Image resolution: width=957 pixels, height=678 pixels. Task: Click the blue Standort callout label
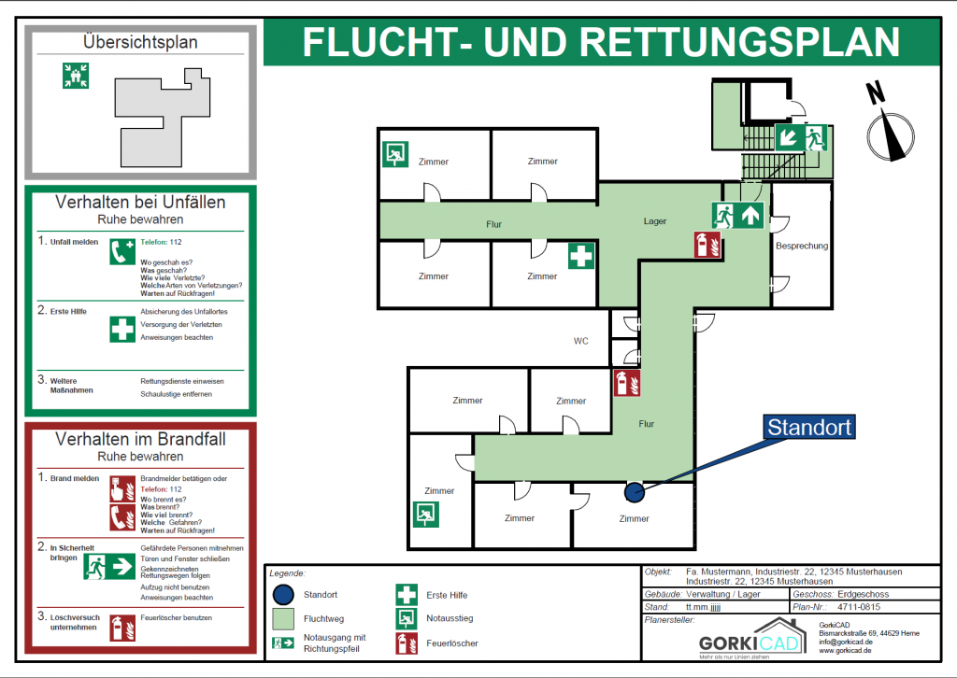coord(809,428)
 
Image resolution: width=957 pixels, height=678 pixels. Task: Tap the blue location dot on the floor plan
coord(634,490)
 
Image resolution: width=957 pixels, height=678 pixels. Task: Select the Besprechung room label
coord(802,246)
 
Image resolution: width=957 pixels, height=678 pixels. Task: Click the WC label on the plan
coord(580,341)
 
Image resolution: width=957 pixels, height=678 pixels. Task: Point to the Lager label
coord(655,221)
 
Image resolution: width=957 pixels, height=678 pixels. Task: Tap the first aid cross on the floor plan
coord(581,256)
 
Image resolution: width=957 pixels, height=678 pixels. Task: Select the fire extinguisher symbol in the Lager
coord(707,245)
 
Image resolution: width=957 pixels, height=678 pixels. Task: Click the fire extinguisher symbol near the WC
coord(626,383)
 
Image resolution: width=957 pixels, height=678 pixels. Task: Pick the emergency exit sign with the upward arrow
coord(738,215)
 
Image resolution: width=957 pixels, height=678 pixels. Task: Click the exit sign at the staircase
coord(802,137)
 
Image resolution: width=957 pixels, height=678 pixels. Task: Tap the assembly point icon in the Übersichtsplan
coord(75,76)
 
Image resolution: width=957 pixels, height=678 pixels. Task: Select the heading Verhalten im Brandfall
coord(140,439)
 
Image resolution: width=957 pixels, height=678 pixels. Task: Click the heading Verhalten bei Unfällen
coord(140,202)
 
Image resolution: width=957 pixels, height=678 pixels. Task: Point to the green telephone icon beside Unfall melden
coord(121,251)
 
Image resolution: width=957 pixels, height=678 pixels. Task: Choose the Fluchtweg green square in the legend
coord(284,618)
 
